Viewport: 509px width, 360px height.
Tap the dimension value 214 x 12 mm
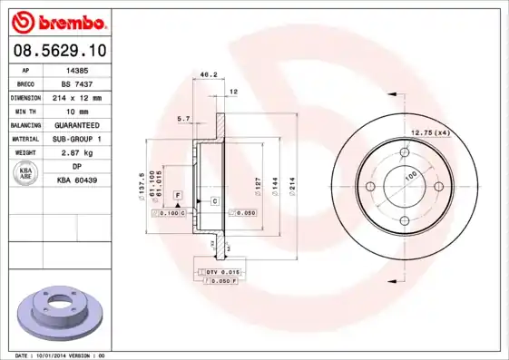(76, 96)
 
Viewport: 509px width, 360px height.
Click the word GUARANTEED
(76, 124)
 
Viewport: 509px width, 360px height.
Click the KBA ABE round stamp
(26, 175)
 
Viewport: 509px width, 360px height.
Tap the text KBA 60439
(77, 180)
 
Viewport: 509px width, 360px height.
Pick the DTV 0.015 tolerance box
(222, 272)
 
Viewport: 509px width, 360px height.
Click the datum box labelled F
(178, 196)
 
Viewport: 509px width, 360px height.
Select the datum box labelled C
(214, 199)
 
